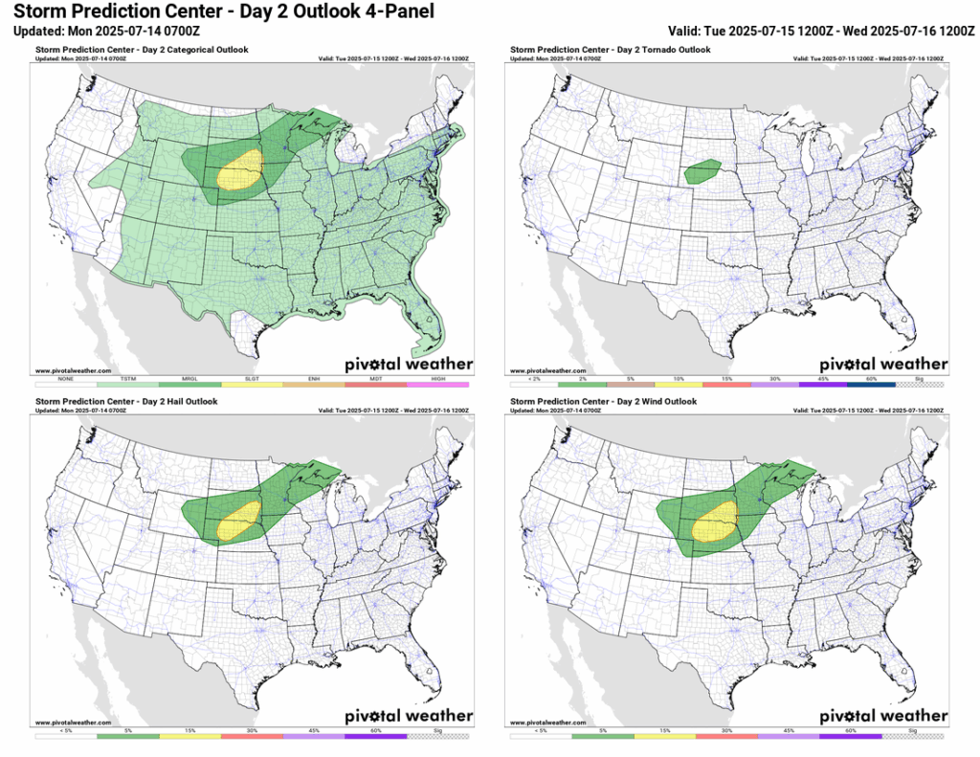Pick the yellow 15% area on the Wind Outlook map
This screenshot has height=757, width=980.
coord(715,523)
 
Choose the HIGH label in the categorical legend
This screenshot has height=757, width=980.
coord(437,378)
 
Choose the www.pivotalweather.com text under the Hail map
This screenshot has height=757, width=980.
coord(73,722)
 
